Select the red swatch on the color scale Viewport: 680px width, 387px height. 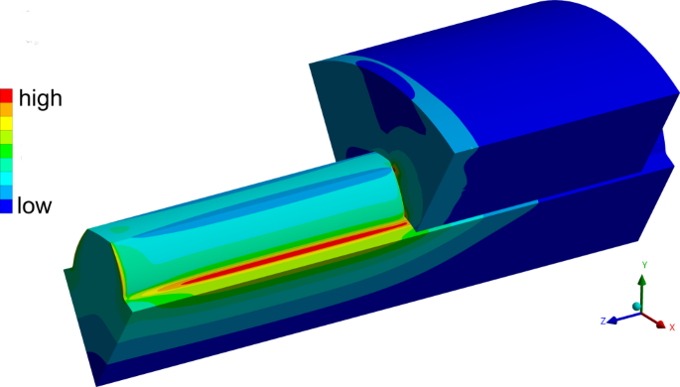(x=7, y=96)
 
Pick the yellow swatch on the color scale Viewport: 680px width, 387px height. (x=7, y=124)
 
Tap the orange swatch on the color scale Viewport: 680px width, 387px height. (x=7, y=110)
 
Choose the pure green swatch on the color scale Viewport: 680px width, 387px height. (x=7, y=151)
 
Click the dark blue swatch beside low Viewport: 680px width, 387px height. (x=7, y=205)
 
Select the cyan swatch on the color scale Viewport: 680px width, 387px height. (x=7, y=179)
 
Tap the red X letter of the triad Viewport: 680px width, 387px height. (x=672, y=326)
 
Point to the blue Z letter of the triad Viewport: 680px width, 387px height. (x=603, y=322)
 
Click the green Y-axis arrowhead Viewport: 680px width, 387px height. (x=642, y=282)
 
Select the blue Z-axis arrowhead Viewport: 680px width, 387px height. (x=615, y=320)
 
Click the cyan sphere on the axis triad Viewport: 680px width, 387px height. (x=635, y=306)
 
